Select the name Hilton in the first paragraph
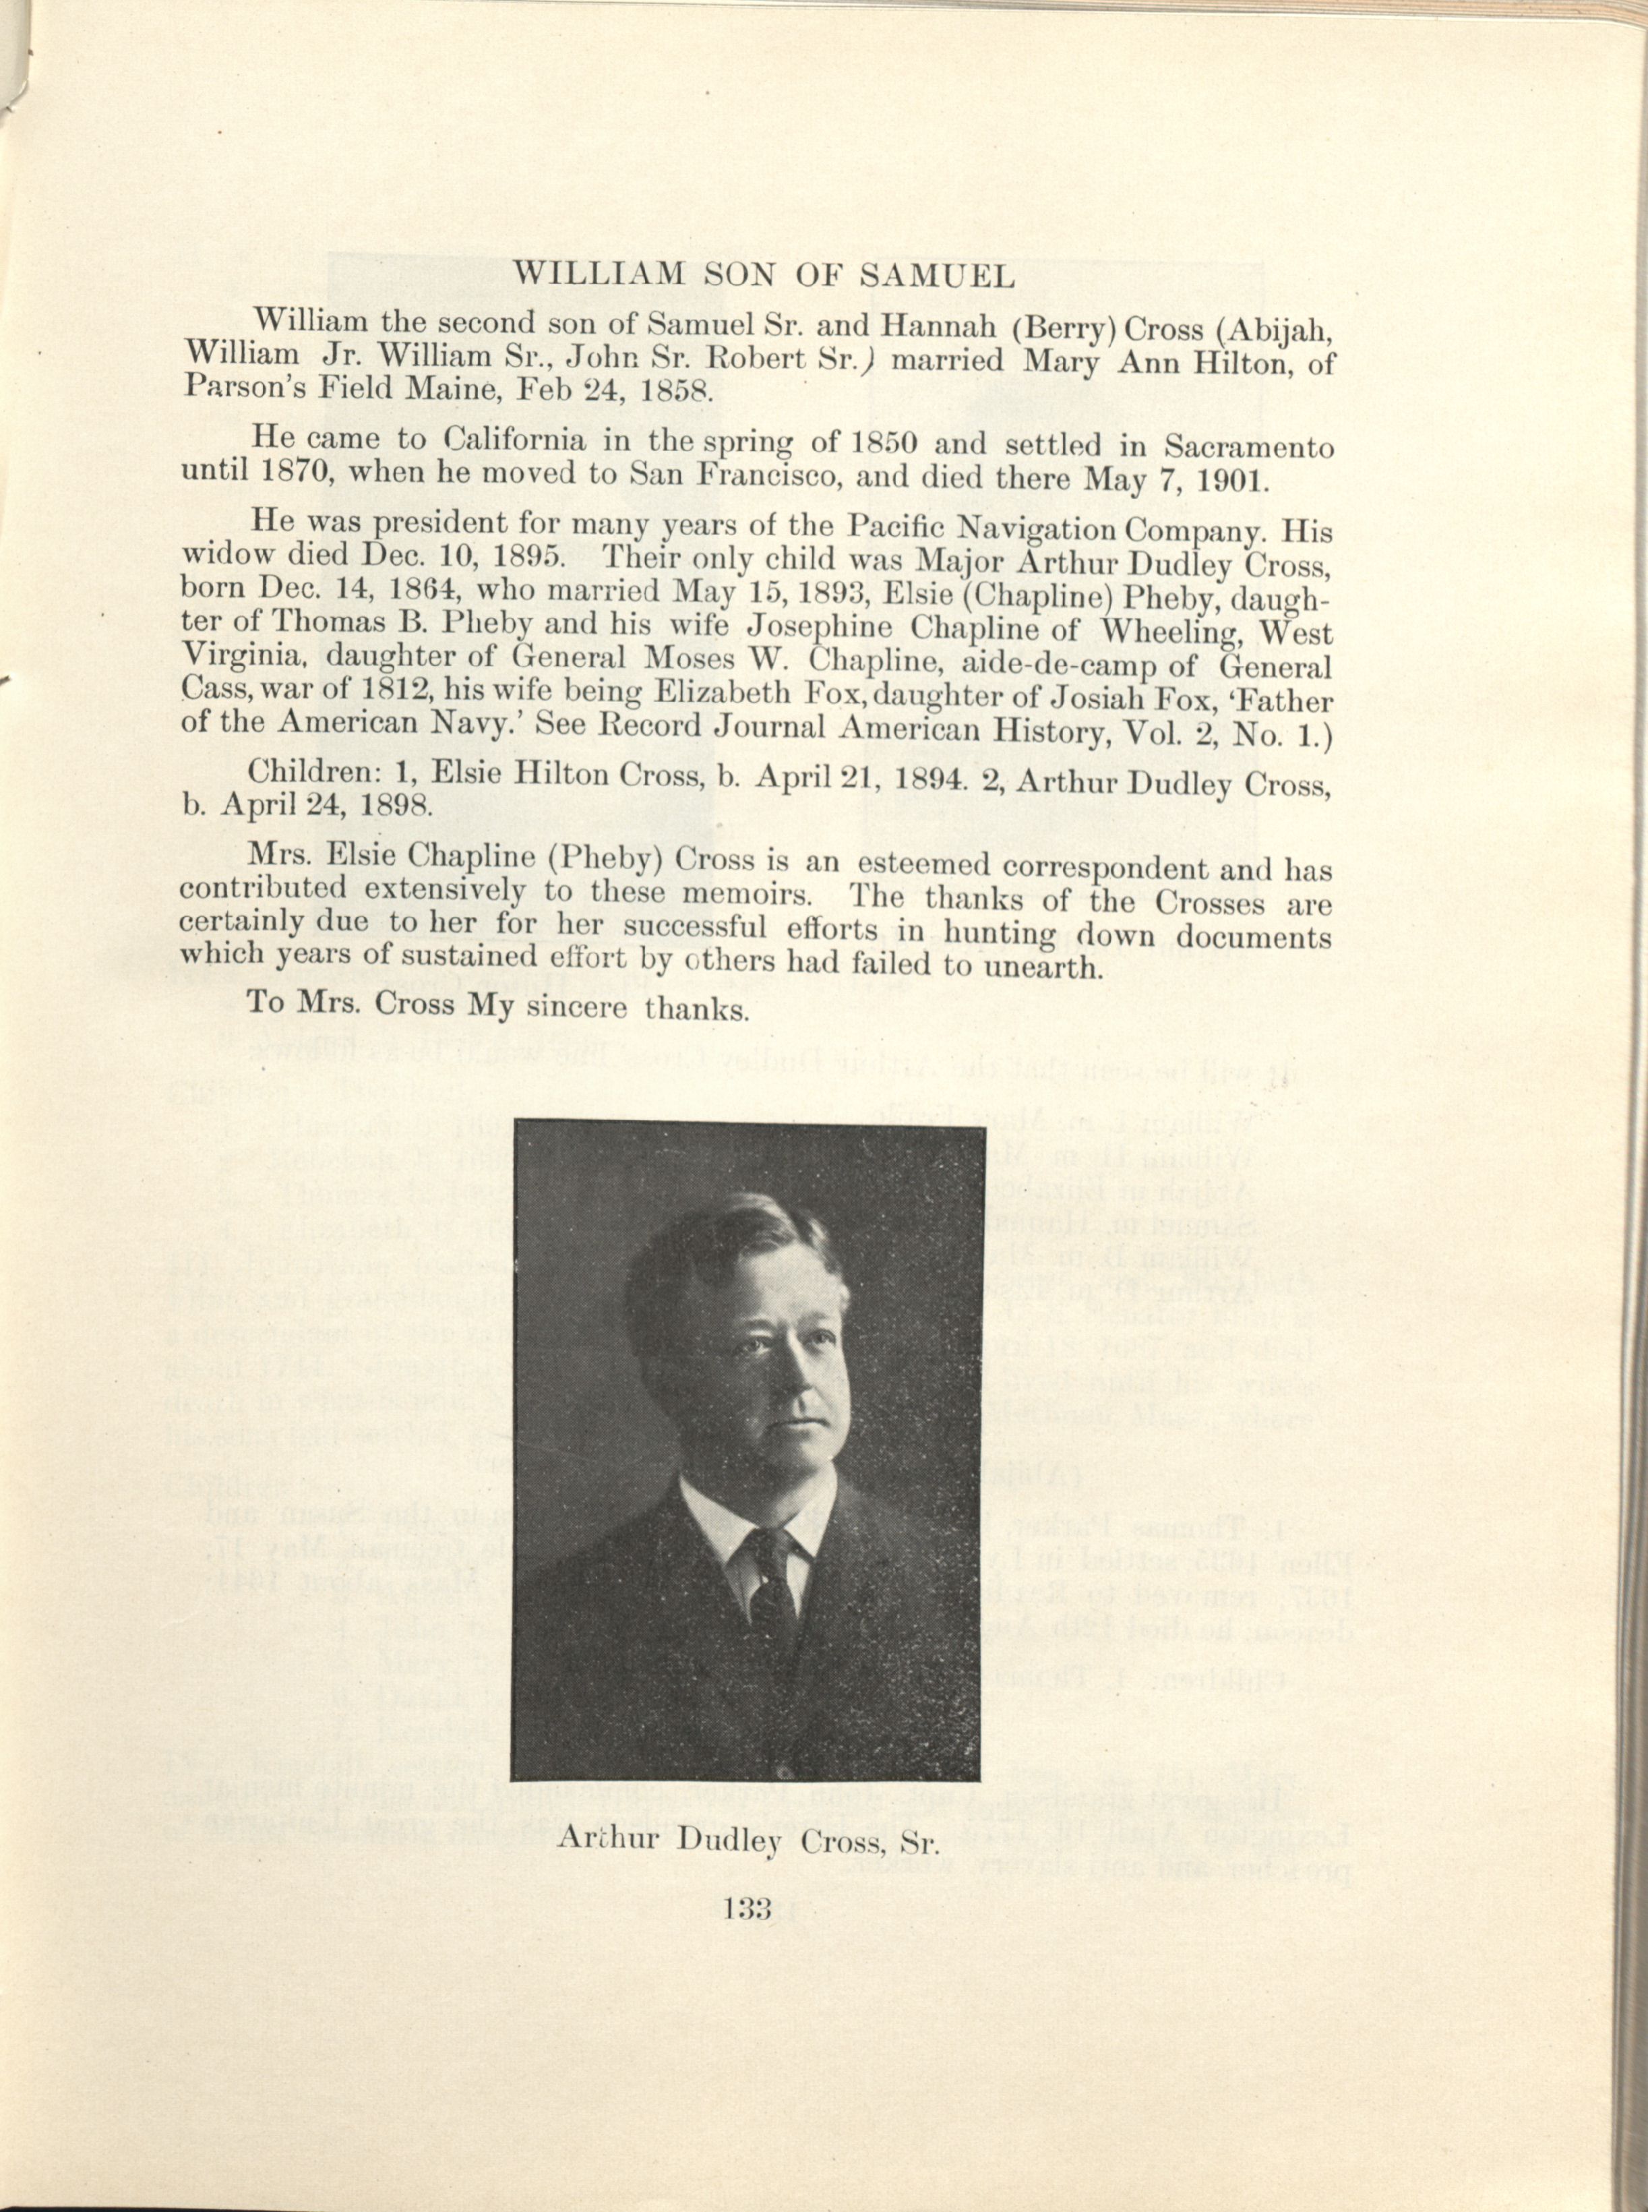[x=1231, y=360]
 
